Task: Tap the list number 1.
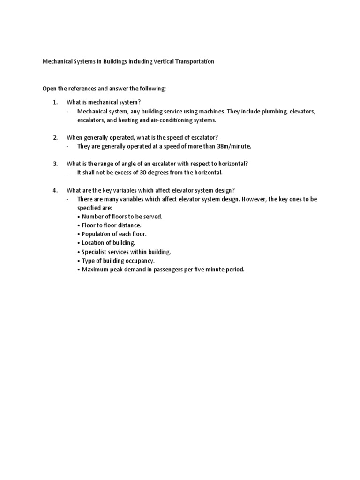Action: (x=55, y=102)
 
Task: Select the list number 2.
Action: (x=55, y=137)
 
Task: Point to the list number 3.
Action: (x=55, y=164)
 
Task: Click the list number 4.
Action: (x=55, y=190)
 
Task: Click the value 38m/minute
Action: (x=234, y=146)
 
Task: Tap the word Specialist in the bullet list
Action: (x=95, y=252)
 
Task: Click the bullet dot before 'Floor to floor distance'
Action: (x=79, y=225)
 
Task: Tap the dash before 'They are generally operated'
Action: (x=68, y=146)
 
